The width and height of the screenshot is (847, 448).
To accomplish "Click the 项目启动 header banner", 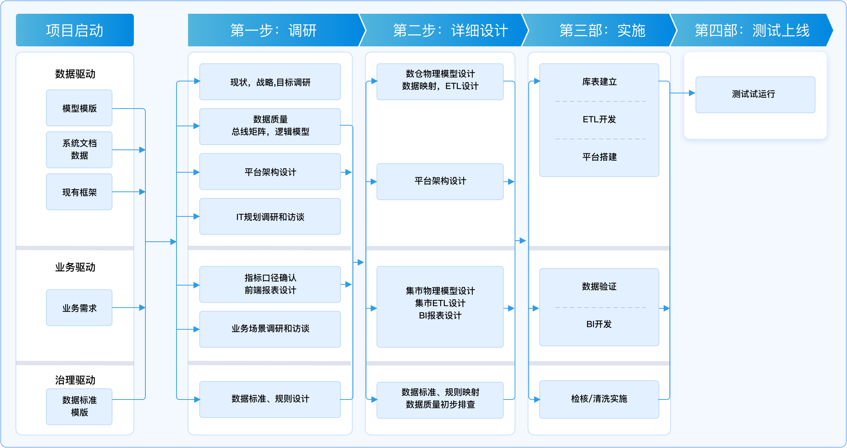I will (x=75, y=30).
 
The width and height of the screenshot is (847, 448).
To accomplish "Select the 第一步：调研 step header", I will (x=273, y=30).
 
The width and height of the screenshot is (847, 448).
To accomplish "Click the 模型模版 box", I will (x=79, y=108).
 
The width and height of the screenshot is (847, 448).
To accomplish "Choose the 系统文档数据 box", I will (x=79, y=149).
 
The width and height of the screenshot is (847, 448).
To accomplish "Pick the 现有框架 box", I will (x=79, y=192).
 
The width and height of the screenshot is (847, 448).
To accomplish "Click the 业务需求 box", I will (x=79, y=308).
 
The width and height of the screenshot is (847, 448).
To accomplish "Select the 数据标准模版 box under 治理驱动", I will (x=79, y=406).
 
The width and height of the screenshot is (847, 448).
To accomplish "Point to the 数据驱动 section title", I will (x=75, y=74).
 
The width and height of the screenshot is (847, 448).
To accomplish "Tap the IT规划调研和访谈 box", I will (x=270, y=217).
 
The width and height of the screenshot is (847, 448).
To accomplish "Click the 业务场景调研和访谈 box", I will (x=270, y=329).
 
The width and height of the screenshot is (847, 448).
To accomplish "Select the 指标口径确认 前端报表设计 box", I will (x=270, y=284).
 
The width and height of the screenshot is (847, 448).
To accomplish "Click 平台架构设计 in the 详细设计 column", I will (x=440, y=181).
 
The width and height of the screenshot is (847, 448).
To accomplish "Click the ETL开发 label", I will (x=599, y=119).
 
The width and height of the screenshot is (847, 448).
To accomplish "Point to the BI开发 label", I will (x=599, y=324).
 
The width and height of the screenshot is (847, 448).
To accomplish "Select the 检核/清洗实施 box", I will (x=599, y=399).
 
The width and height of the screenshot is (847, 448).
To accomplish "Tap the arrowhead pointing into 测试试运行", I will (x=692, y=93).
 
